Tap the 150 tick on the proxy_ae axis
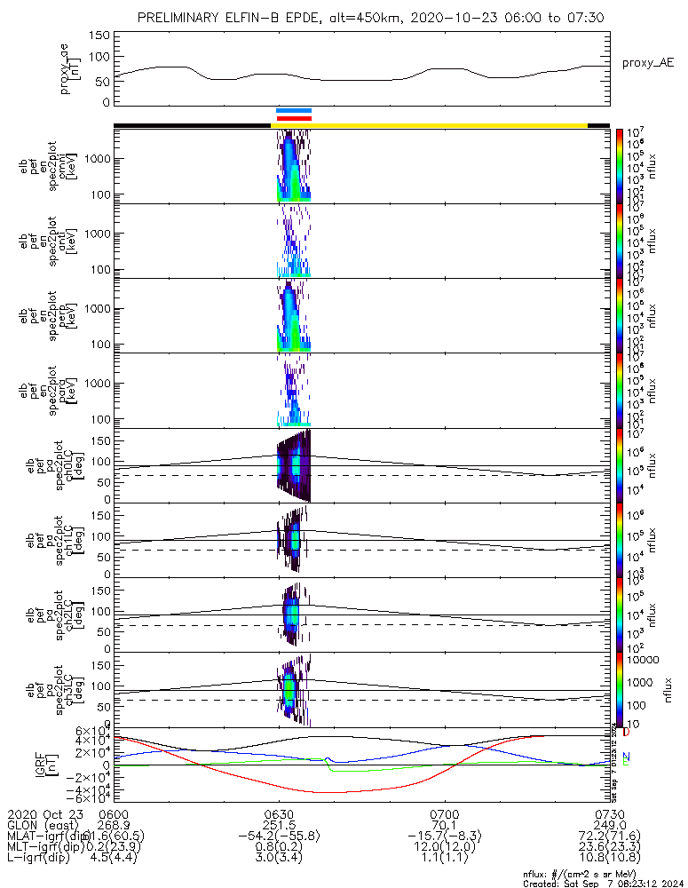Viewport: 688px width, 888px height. [100, 36]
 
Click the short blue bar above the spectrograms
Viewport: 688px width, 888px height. [294, 110]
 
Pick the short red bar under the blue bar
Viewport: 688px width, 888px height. [294, 117]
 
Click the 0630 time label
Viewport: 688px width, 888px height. [279, 813]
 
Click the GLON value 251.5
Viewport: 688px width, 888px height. [279, 824]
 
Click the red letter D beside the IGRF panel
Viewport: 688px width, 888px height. [626, 733]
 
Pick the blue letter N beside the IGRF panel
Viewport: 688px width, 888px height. [626, 757]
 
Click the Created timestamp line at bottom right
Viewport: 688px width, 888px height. [605, 883]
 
